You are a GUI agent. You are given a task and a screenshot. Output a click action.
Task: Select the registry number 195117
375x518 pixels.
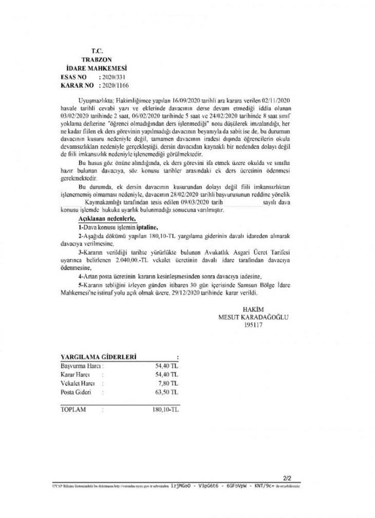(x=254, y=324)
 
